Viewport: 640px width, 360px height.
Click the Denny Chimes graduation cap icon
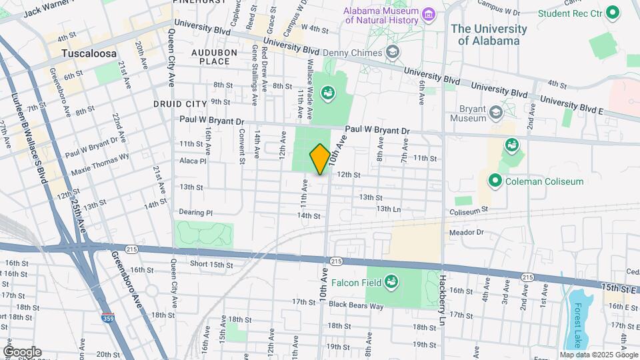[393, 52]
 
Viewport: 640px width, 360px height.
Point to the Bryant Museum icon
[495, 112]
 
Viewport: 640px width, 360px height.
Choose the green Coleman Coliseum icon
[495, 181]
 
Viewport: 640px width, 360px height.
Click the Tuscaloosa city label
[89, 53]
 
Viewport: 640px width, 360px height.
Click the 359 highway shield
[108, 319]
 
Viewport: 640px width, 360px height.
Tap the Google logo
[22, 351]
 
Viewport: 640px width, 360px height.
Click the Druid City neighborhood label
[180, 104]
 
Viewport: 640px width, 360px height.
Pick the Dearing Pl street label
[195, 213]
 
